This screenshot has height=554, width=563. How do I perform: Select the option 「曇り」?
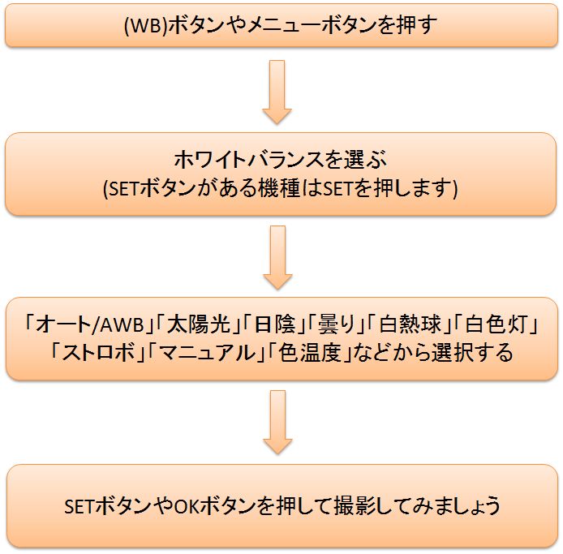point(332,325)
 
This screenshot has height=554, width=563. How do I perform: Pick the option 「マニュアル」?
point(198,354)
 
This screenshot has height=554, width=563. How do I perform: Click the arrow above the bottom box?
point(277,422)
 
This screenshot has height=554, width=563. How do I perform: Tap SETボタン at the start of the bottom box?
point(99,507)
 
